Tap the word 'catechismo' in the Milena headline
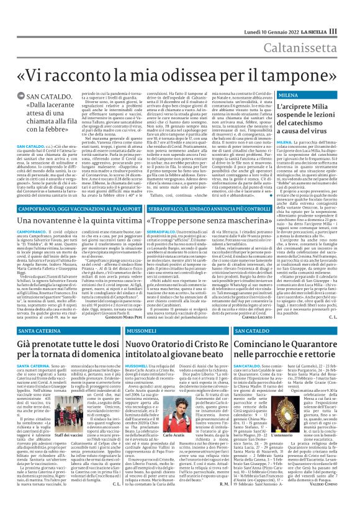[313, 119]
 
